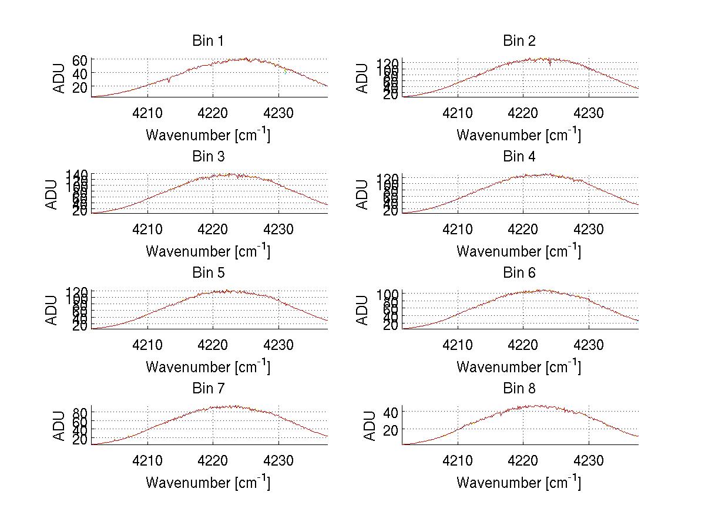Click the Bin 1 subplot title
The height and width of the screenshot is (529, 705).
tap(208, 41)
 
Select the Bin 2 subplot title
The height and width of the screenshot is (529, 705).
tap(519, 41)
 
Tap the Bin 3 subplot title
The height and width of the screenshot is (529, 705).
tap(208, 157)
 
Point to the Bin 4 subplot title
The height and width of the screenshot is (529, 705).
tap(519, 157)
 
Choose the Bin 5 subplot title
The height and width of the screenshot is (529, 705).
tap(208, 273)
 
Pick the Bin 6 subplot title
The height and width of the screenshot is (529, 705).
tap(519, 273)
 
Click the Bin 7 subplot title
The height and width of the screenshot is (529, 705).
tap(208, 389)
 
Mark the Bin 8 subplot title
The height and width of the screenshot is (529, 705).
tap(519, 389)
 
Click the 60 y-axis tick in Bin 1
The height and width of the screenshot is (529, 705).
tap(80, 60)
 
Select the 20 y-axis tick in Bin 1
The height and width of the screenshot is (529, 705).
tap(80, 87)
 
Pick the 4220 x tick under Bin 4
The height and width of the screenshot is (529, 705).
tap(523, 229)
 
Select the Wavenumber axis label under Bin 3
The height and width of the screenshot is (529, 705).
tap(208, 251)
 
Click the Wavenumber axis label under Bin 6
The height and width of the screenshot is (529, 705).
tap(519, 367)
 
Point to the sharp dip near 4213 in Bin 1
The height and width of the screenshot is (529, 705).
tap(169, 81)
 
